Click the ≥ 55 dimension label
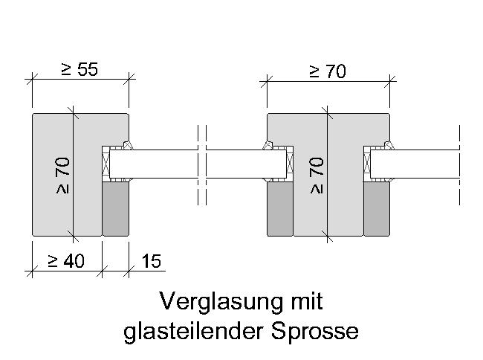tap(80, 69)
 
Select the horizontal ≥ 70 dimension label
tap(328, 71)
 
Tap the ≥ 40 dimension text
tap(66, 261)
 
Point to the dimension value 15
tap(152, 261)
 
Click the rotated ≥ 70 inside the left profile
tap(62, 176)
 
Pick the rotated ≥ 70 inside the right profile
tap(317, 176)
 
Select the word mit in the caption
tap(307, 300)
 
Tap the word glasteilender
tap(194, 332)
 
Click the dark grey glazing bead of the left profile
tap(115, 209)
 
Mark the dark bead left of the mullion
tap(280, 209)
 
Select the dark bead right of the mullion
tap(377, 209)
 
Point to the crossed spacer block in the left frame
tap(106, 164)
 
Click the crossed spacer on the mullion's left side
tap(290, 164)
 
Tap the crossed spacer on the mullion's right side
tap(367, 164)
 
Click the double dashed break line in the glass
tap(202, 165)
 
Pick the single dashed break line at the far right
tap(459, 165)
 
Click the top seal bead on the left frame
tap(127, 145)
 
